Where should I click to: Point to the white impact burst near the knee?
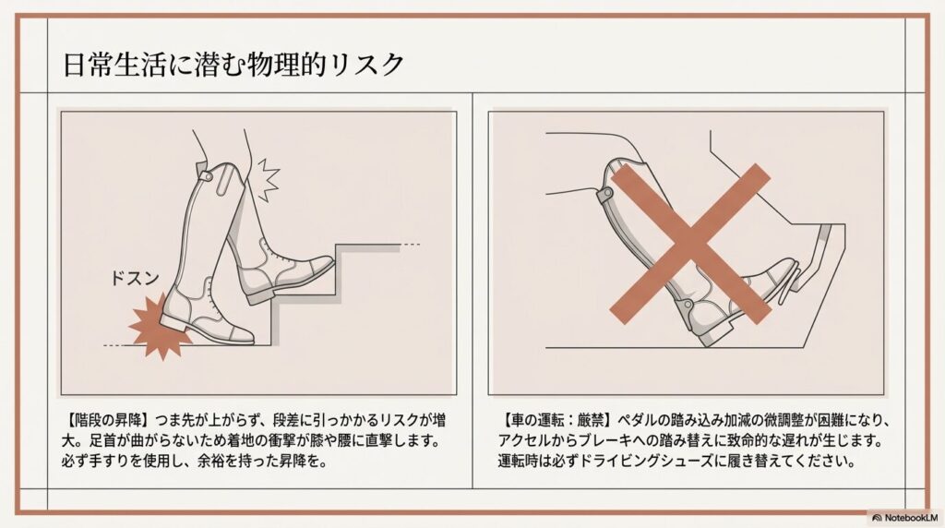(265, 180)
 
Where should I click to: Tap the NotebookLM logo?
(903, 517)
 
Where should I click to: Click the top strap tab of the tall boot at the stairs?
(207, 174)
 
